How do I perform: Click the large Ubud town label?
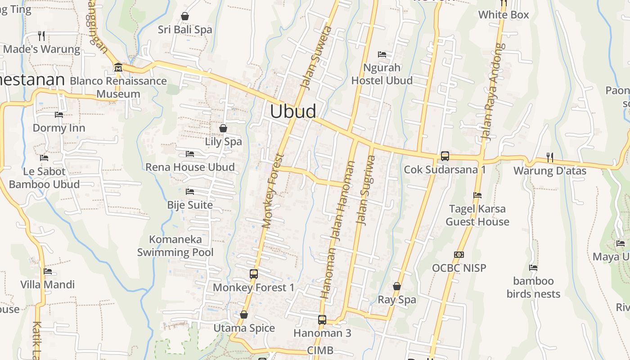click(293, 111)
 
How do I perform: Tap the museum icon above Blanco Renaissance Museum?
click(118, 67)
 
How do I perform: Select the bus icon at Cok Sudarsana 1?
click(445, 156)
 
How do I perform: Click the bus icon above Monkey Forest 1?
click(254, 274)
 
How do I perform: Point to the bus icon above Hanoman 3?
click(322, 320)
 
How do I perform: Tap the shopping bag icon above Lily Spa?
click(223, 128)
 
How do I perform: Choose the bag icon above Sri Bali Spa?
click(184, 16)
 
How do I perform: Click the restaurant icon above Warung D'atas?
click(550, 157)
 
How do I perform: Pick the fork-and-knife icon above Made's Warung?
click(41, 36)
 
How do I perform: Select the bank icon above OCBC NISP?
click(459, 255)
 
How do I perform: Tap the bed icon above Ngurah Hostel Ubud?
click(382, 54)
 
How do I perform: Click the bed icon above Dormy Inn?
click(59, 114)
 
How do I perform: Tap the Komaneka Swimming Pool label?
click(175, 246)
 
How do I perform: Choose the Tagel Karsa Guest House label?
click(477, 215)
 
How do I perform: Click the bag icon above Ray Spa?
click(397, 286)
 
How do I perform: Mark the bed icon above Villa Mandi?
click(48, 271)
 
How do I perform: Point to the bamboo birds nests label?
click(533, 288)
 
